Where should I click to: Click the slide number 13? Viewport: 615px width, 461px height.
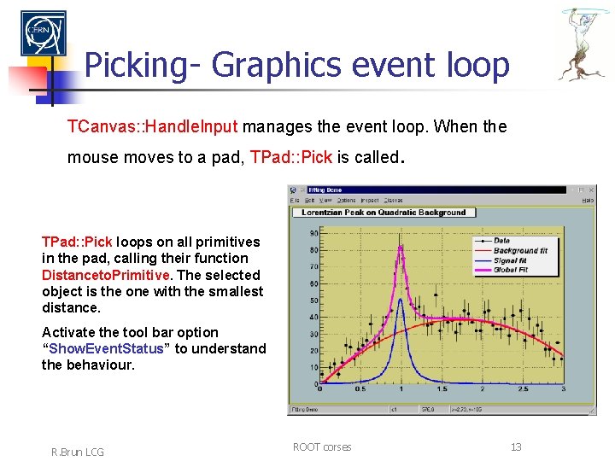[516, 447]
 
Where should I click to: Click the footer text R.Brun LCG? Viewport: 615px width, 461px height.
[78, 452]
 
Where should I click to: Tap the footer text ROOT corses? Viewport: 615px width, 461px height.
[321, 447]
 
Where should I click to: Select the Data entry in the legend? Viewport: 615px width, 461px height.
[501, 241]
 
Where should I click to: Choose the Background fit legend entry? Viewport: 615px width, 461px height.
[519, 250]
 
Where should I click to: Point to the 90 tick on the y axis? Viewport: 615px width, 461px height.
[313, 232]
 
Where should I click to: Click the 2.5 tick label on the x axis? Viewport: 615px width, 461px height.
[523, 389]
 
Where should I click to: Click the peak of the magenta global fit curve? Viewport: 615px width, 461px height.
[400, 248]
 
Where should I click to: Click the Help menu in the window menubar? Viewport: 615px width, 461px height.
[588, 200]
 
